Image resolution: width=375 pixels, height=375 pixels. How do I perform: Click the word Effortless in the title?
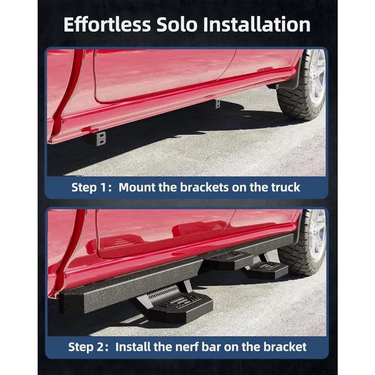(x=107, y=25)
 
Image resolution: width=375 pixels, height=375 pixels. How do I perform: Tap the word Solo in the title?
(x=177, y=25)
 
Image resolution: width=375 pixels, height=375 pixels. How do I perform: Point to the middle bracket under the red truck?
(x=217, y=103)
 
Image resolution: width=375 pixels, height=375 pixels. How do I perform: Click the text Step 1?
(x=92, y=187)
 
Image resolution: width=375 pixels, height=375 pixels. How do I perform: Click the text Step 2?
(x=88, y=347)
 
